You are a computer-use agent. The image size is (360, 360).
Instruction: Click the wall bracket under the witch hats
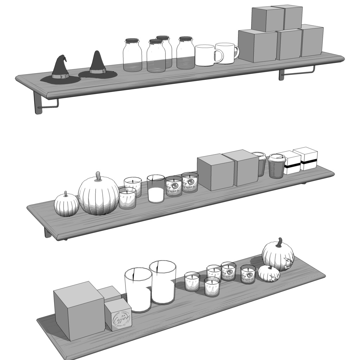point(39,104)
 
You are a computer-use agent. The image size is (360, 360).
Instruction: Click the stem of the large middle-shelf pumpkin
point(98,175)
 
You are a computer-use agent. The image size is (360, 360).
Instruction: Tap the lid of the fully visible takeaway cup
point(277,157)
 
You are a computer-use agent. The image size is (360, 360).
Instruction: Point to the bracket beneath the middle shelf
point(48,232)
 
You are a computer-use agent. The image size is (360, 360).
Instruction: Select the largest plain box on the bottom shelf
point(79,311)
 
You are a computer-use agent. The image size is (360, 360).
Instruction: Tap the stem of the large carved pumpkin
point(279,242)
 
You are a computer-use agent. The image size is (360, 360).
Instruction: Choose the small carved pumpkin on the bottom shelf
point(269,274)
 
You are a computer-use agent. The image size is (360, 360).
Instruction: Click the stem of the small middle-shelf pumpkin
point(65,193)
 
